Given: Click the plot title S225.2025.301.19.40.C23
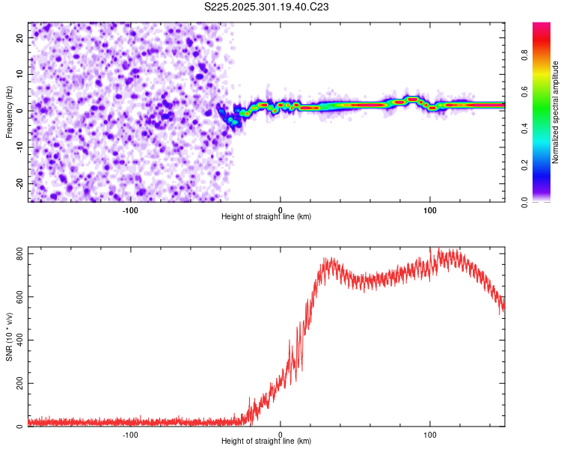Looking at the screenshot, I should click(x=267, y=7).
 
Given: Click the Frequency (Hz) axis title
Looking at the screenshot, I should click(x=9, y=112).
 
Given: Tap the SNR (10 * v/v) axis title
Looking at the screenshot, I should click(x=9, y=337).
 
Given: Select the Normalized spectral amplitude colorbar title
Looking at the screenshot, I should click(x=556, y=112).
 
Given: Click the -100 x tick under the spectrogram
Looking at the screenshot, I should click(x=130, y=209).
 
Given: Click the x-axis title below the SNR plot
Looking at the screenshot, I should click(x=266, y=442).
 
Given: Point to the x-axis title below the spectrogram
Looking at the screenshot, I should click(x=266, y=217).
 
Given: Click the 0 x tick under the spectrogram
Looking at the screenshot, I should click(x=280, y=209).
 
